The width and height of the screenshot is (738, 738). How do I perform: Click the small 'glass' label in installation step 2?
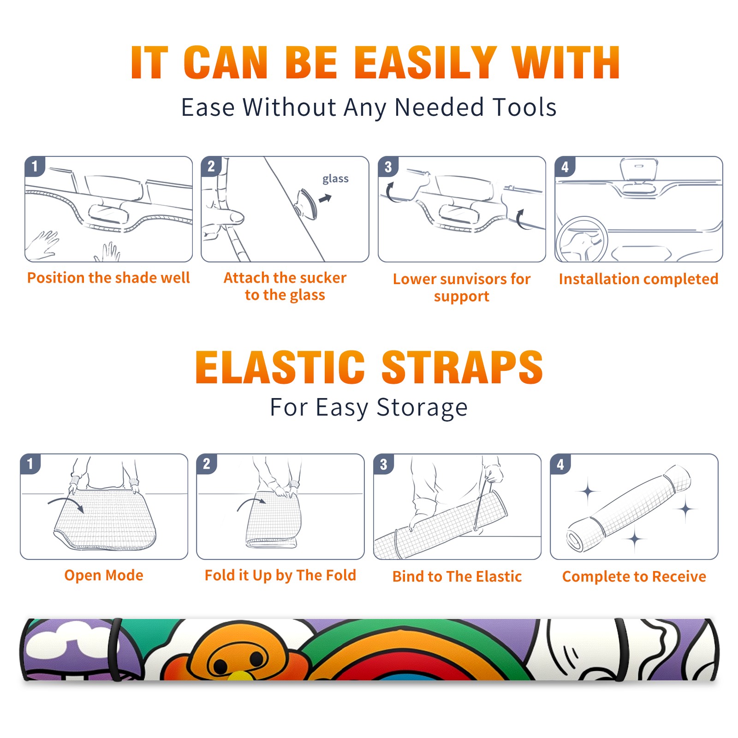(x=335, y=179)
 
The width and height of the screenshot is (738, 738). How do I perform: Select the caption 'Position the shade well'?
(x=108, y=278)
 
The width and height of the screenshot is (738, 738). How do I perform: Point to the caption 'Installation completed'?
(x=638, y=279)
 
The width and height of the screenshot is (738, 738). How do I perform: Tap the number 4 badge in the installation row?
(x=565, y=167)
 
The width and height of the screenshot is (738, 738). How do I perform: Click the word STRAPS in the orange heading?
(x=462, y=367)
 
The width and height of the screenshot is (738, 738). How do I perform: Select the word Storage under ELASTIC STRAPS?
(x=422, y=408)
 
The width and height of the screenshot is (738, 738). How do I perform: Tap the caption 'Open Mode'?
(x=104, y=575)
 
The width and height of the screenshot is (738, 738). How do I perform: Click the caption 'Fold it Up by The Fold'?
(x=280, y=575)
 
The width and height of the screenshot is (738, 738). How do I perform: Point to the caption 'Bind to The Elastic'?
(x=457, y=577)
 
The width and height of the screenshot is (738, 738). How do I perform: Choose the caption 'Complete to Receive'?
(x=634, y=577)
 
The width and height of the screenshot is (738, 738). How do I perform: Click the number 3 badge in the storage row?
(x=384, y=464)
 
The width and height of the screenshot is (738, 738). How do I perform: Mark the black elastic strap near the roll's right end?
(x=622, y=649)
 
